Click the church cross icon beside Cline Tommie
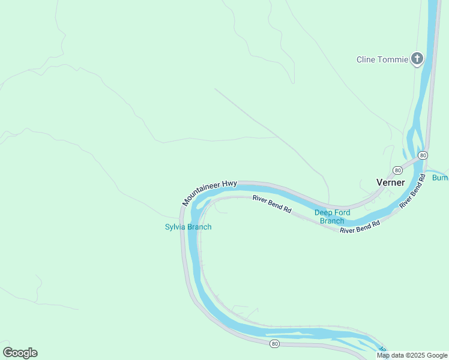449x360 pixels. [x=417, y=59]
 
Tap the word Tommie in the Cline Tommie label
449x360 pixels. [x=393, y=59]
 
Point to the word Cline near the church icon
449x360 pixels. [x=366, y=59]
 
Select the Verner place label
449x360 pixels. [x=390, y=182]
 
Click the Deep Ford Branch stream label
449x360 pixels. [x=331, y=217]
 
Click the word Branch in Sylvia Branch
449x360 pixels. [x=199, y=227]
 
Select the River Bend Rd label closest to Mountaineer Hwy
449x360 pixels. [x=271, y=205]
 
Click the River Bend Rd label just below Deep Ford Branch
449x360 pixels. [x=360, y=227]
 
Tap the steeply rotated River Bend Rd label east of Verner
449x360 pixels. [x=412, y=191]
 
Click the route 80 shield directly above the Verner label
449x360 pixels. [x=397, y=170]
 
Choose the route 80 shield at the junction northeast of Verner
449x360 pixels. [x=423, y=155]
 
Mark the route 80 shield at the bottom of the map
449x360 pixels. [x=274, y=343]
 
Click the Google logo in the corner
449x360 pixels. [x=20, y=353]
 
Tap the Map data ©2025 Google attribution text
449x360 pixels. [x=412, y=355]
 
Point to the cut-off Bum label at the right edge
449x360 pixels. [x=440, y=178]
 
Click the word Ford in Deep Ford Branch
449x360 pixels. [x=345, y=212]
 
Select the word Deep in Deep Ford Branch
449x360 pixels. [x=324, y=212]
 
